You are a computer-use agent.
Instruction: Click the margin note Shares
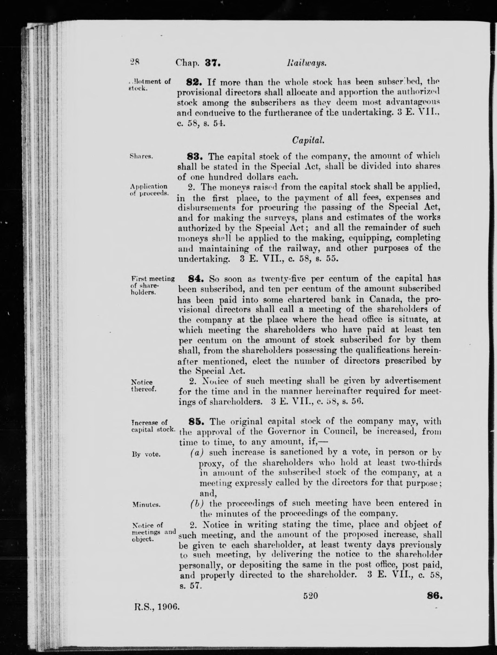point(141,157)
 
